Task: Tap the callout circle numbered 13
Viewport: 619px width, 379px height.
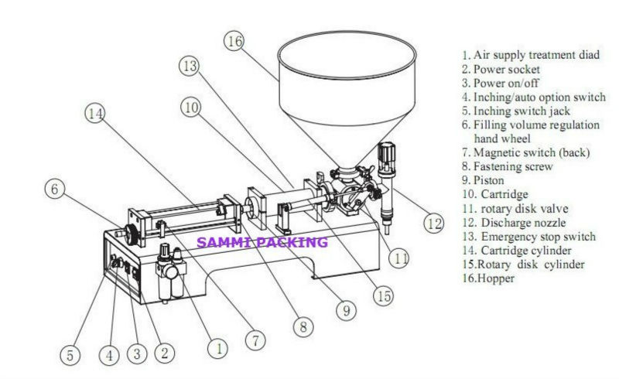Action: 190,67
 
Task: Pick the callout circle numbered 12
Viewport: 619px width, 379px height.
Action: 433,223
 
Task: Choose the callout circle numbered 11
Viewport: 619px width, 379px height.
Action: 398,260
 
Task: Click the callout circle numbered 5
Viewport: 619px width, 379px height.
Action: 70,355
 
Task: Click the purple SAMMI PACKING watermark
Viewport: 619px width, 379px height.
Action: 262,243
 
